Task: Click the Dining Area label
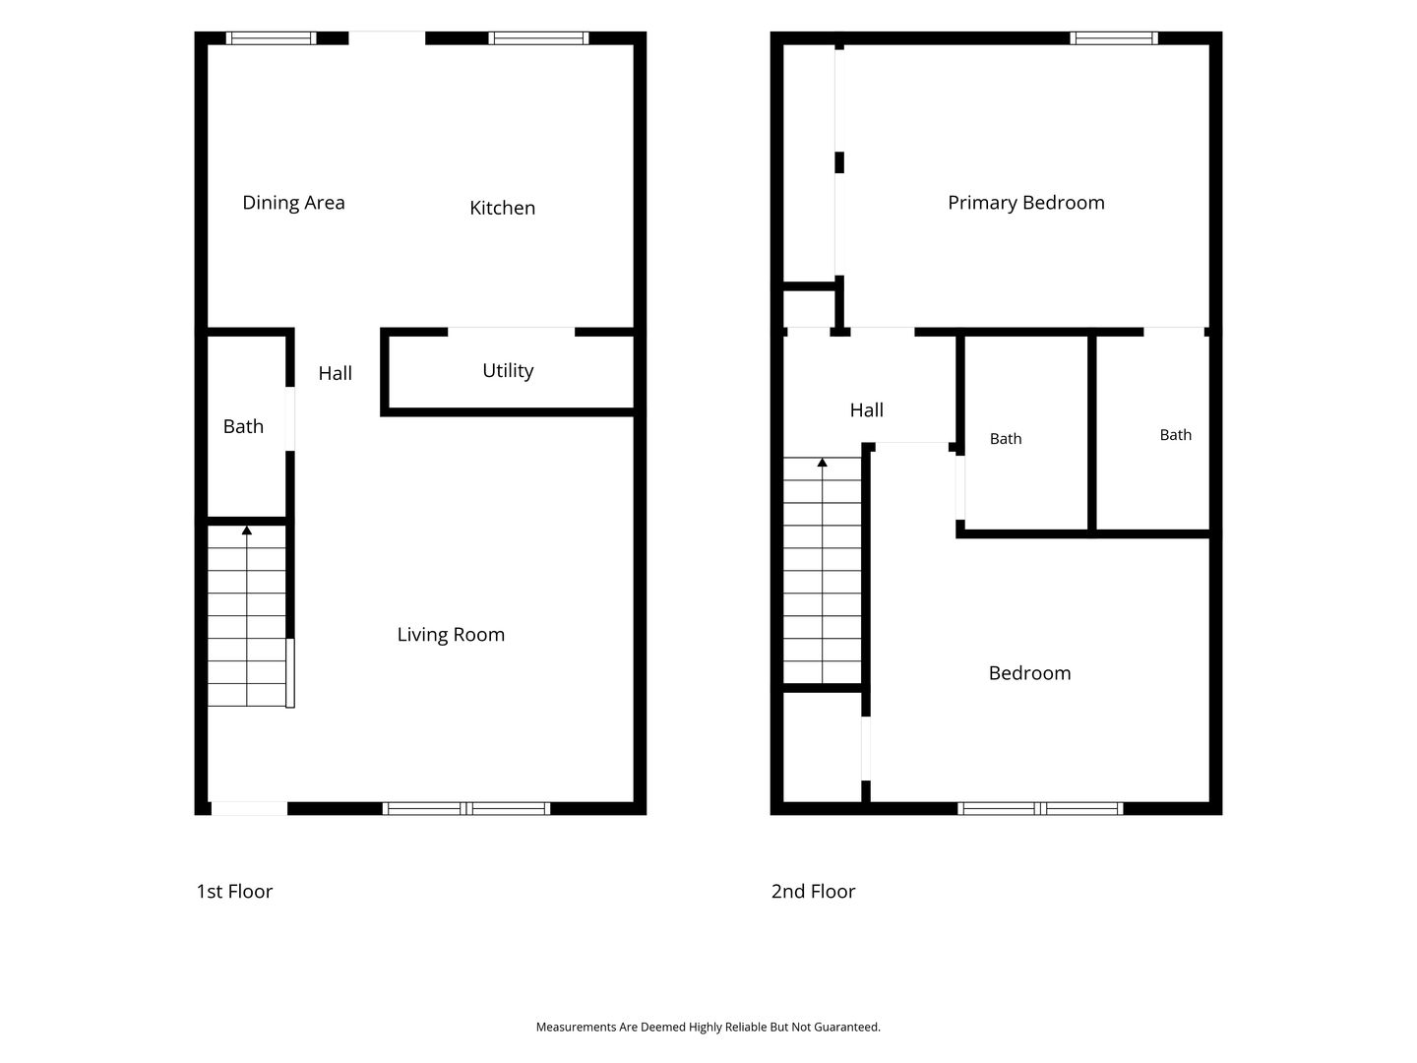(293, 203)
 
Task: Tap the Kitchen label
(502, 208)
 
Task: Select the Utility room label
(508, 370)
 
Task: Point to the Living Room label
(451, 635)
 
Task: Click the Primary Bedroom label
(1025, 203)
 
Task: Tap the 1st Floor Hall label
(335, 373)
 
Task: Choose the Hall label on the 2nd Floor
(866, 409)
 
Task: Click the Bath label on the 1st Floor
(243, 426)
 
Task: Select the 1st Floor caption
(234, 892)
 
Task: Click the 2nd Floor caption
(813, 892)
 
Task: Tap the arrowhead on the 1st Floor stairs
(247, 530)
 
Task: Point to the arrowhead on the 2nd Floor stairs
(822, 463)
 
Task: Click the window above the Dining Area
(272, 38)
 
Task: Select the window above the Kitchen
(538, 38)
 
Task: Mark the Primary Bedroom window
(1114, 38)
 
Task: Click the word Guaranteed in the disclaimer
(847, 1027)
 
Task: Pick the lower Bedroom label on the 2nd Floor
(1029, 673)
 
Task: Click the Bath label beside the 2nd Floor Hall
(1006, 439)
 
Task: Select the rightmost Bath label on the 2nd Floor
(1176, 435)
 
